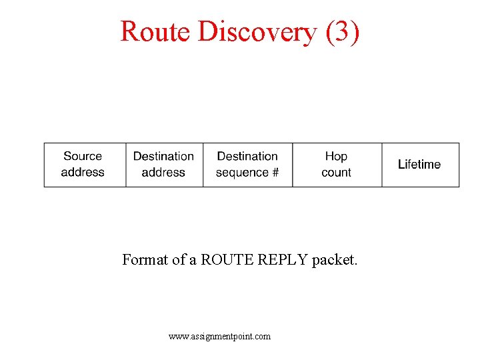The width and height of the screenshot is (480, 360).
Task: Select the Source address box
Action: pos(85,165)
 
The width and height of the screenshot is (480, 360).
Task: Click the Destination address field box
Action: pos(164,165)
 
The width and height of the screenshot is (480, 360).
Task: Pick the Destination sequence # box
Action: pos(247,165)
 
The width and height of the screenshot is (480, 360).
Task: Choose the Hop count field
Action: pos(337,165)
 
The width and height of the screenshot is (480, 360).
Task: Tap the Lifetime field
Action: pos(420,165)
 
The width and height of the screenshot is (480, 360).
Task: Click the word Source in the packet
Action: pos(83,157)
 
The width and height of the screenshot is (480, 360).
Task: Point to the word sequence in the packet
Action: pos(242,173)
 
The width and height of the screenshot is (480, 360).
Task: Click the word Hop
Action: pos(336,157)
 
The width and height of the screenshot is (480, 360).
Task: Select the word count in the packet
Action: pos(336,173)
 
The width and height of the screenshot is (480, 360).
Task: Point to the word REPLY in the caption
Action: pos(281,260)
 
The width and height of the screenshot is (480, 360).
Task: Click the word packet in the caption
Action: pos(335,260)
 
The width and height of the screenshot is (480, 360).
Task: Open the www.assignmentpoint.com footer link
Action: pos(220,337)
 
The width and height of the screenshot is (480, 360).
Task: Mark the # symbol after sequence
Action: pos(275,173)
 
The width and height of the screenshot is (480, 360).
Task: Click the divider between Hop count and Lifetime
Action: pos(382,165)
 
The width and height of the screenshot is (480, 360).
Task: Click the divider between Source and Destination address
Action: pos(126,165)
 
